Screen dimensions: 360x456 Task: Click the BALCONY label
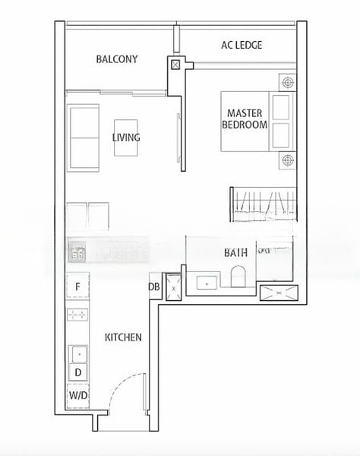pyautogui.click(x=117, y=59)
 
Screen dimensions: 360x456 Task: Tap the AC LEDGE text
pyautogui.click(x=242, y=45)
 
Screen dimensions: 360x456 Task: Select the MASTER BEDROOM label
pyautogui.click(x=245, y=119)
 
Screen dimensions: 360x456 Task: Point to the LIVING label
pyautogui.click(x=126, y=138)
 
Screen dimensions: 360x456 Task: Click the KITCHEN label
pyautogui.click(x=123, y=337)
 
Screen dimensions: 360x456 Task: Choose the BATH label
pyautogui.click(x=235, y=253)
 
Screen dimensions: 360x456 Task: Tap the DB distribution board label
pyautogui.click(x=154, y=287)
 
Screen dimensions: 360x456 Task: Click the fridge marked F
pyautogui.click(x=77, y=287)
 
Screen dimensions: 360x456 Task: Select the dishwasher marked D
pyautogui.click(x=78, y=372)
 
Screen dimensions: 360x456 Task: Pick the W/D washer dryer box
pyautogui.click(x=78, y=396)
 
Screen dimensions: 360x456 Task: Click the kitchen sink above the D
pyautogui.click(x=79, y=354)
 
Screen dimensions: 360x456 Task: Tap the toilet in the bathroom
pyautogui.click(x=238, y=276)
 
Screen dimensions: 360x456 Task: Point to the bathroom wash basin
pyautogui.click(x=207, y=283)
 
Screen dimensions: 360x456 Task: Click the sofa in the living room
pyautogui.click(x=83, y=138)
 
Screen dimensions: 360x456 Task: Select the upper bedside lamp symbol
pyautogui.click(x=288, y=82)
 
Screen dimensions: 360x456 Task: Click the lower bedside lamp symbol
pyautogui.click(x=288, y=160)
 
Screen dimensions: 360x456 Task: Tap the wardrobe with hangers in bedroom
pyautogui.click(x=264, y=204)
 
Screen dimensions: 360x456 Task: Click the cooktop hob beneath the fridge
pyautogui.click(x=77, y=315)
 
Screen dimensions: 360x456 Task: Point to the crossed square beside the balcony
pyautogui.click(x=175, y=65)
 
